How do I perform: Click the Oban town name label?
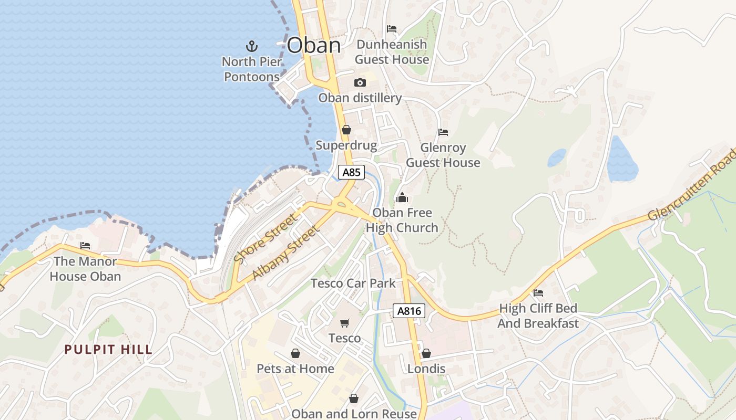pos(314,45)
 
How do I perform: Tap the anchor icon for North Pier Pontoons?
pos(252,46)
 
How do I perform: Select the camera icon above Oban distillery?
pos(360,82)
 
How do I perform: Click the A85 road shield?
pos(351,172)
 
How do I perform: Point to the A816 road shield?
pos(409,311)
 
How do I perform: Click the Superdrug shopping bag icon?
pos(346,129)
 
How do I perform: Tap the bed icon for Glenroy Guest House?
pos(443,132)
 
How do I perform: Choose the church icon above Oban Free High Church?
pos(402,197)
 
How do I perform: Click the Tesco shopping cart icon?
pos(345,323)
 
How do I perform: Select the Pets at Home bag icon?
pos(295,353)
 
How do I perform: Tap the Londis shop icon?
pos(426,353)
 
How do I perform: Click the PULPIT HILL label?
pos(109,350)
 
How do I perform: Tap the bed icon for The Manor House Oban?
pos(85,246)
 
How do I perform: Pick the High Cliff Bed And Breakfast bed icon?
pos(538,293)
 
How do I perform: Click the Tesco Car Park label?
pos(353,283)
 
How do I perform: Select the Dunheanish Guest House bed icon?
pos(392,29)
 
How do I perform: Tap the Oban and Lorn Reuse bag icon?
pos(354,399)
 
